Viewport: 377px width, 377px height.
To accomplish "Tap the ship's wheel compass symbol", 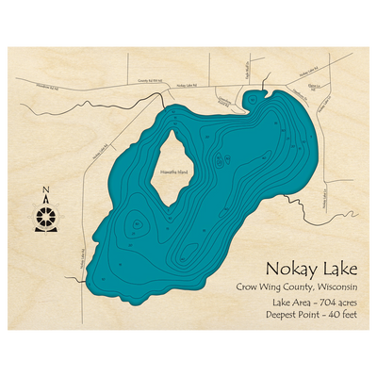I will pos(45,218).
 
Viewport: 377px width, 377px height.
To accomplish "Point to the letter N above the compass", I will pos(45,195).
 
